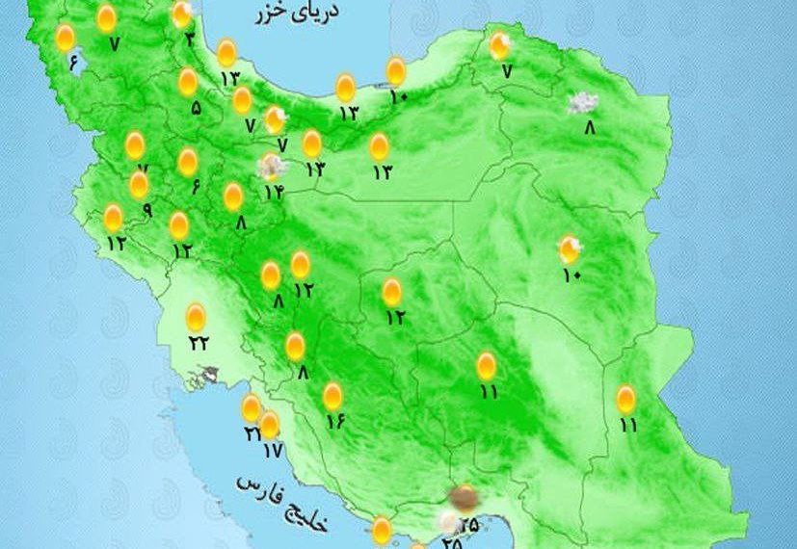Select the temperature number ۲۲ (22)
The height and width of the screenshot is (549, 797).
tap(199, 343)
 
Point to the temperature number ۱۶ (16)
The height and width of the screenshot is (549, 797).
tap(334, 420)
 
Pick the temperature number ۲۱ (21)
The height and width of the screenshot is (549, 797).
tap(252, 433)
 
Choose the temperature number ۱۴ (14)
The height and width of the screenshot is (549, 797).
tap(274, 192)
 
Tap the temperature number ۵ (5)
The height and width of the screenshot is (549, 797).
tap(196, 109)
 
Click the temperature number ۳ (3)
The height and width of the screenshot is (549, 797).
tap(190, 39)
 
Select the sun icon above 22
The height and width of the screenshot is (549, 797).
tap(196, 315)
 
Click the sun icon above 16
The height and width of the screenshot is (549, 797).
tap(332, 395)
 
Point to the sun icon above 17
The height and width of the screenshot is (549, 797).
tap(270, 424)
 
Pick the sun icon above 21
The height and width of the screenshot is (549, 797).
tap(251, 408)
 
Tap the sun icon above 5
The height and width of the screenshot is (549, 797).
tap(188, 83)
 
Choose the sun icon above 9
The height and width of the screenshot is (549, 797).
tap(139, 184)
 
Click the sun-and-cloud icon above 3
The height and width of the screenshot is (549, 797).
tap(182, 14)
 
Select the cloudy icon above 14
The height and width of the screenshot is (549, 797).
tap(273, 167)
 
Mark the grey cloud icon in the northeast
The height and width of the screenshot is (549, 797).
tap(581, 103)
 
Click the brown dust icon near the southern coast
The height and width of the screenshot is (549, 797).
tap(465, 498)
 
